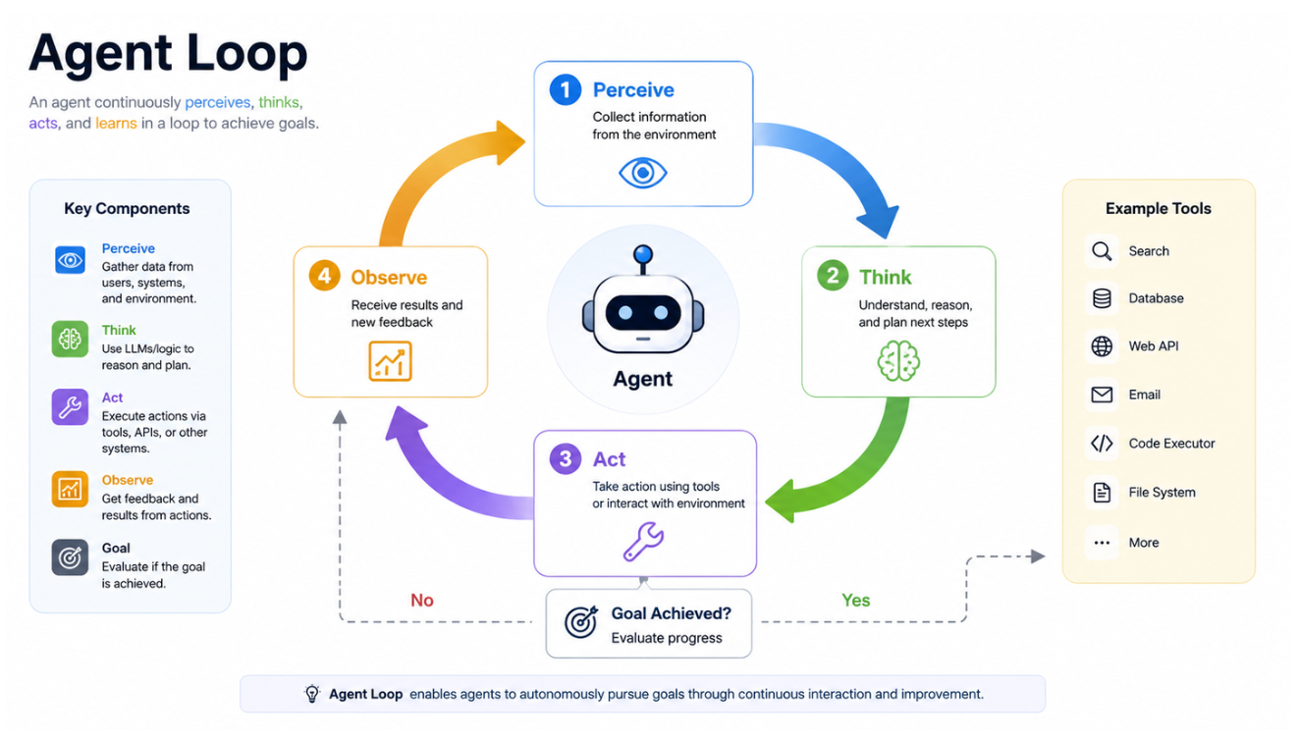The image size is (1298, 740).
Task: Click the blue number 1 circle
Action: coord(565,89)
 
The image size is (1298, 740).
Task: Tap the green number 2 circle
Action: coord(832,276)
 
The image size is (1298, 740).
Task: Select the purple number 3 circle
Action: coord(565,459)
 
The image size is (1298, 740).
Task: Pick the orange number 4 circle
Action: coord(324,276)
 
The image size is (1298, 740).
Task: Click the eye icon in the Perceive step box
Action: coord(643,173)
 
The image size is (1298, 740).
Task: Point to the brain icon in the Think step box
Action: coord(898,361)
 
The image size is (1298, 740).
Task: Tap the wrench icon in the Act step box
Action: coord(643,542)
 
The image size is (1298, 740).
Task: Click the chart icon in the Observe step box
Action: coord(390,361)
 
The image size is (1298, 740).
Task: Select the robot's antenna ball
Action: coord(643,254)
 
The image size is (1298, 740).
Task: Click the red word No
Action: coord(422,600)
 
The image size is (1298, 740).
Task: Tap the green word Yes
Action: coord(856,600)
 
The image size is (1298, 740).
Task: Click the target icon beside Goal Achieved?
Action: coord(580,622)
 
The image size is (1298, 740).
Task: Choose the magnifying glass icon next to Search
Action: coord(1102,251)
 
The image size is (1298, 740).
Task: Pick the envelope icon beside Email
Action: coord(1102,395)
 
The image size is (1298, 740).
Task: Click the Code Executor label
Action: coord(1171,444)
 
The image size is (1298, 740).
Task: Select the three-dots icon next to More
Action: coord(1102,543)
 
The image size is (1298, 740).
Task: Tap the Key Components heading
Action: coord(127,208)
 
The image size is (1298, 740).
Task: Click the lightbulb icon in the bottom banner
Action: coord(312,694)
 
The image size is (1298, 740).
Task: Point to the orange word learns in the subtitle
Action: coord(116,124)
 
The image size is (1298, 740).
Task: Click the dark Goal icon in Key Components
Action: coord(70,557)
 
